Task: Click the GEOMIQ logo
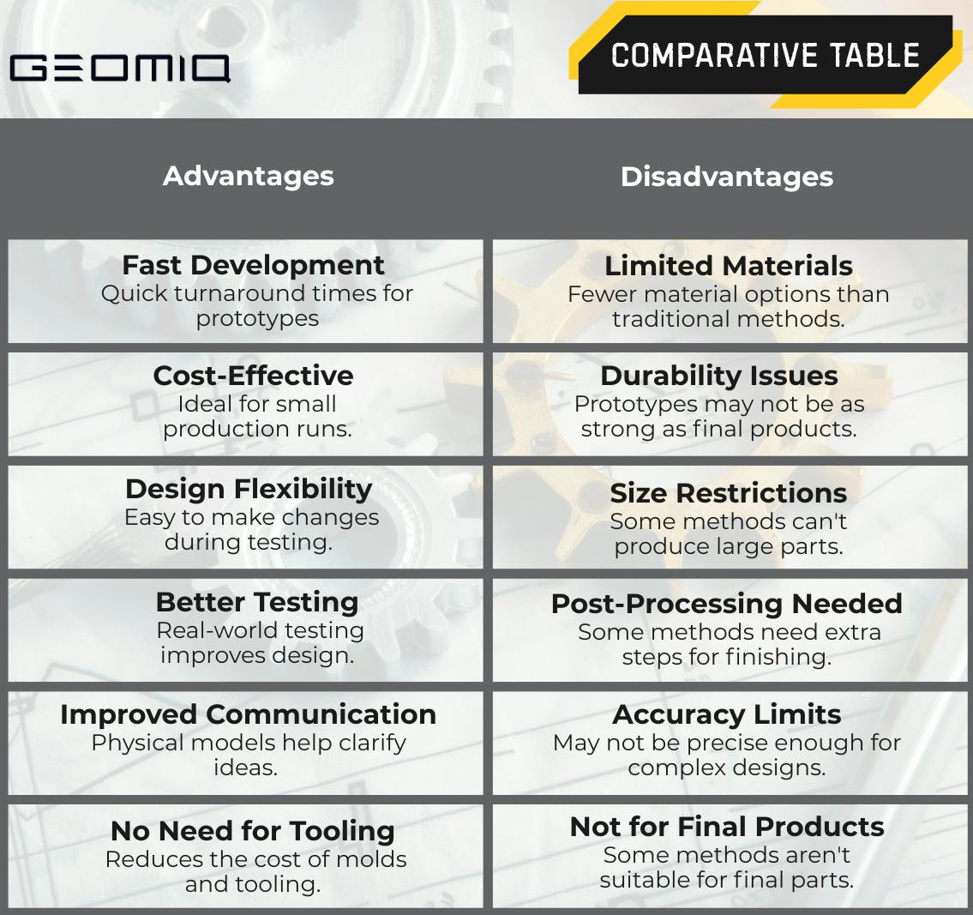(x=119, y=68)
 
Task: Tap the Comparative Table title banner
(x=765, y=56)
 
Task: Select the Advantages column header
(x=249, y=176)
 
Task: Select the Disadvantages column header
(x=727, y=177)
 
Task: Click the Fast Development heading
(x=253, y=265)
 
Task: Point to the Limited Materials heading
(x=729, y=266)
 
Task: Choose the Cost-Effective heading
(x=253, y=376)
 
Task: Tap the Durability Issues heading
(x=719, y=376)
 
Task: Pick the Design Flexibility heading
(x=249, y=489)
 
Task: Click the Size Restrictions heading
(x=729, y=493)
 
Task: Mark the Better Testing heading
(x=257, y=602)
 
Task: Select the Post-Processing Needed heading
(x=727, y=604)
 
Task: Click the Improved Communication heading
(x=248, y=714)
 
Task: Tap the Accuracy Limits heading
(x=727, y=714)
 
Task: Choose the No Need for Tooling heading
(x=253, y=831)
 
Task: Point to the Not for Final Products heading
(x=727, y=827)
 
